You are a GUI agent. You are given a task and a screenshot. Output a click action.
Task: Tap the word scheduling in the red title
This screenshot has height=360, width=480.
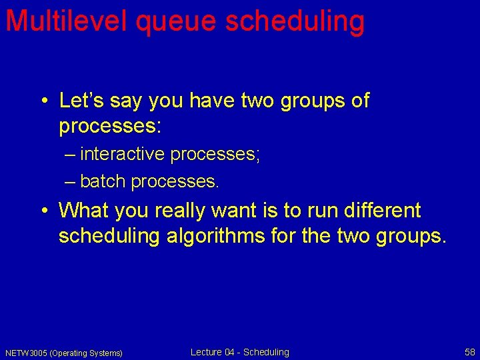click(x=295, y=22)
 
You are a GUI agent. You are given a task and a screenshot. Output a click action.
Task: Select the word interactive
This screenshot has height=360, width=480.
click(x=122, y=154)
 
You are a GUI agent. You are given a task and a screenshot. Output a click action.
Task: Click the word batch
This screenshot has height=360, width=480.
click(x=103, y=181)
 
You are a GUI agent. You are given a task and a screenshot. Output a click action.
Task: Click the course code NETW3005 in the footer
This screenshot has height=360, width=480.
click(x=26, y=353)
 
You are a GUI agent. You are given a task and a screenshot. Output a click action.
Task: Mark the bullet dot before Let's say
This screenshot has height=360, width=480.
click(x=43, y=102)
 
